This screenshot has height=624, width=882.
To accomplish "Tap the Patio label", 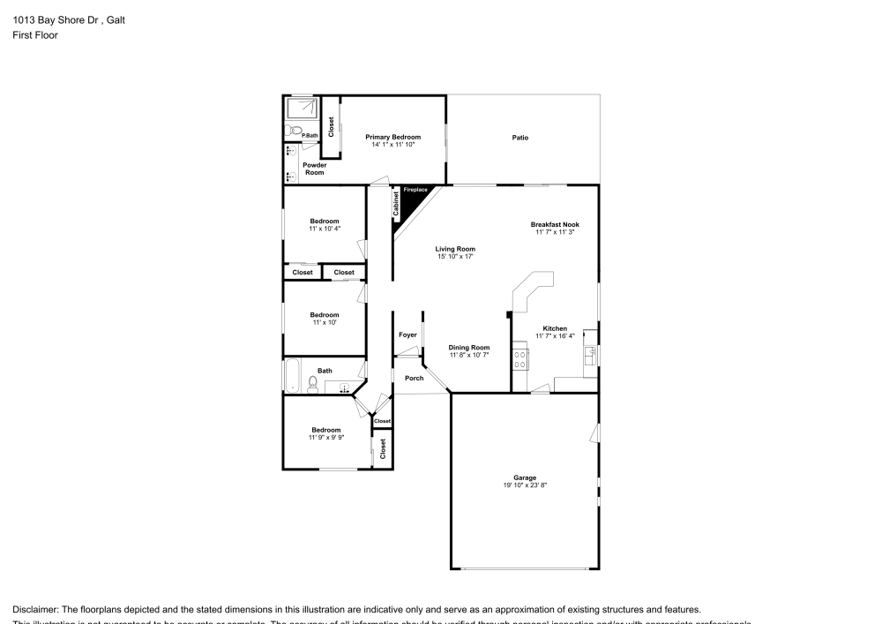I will pos(520,138).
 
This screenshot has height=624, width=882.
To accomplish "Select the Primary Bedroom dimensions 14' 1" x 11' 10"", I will pos(392,145).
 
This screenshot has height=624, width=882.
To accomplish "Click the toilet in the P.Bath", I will pos(291,132).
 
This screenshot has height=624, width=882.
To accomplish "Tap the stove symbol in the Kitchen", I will pos(520,359).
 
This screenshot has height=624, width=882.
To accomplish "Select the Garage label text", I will pos(525,477).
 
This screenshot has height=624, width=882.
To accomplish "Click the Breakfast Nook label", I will pos(555,224).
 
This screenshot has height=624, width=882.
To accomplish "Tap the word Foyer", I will pos(407,335).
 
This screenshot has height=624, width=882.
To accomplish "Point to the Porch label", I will pos(414,378).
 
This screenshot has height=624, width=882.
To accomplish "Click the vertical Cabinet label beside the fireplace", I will pos(397,205).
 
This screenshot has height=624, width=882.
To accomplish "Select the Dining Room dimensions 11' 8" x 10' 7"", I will pos(468,355).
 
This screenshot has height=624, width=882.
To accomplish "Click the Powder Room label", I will pos(315,169).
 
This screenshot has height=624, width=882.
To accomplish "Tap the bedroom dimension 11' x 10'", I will pos(324,322).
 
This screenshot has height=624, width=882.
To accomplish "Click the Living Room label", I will pos(455,249).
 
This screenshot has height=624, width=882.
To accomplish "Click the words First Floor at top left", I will pos(35,35).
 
